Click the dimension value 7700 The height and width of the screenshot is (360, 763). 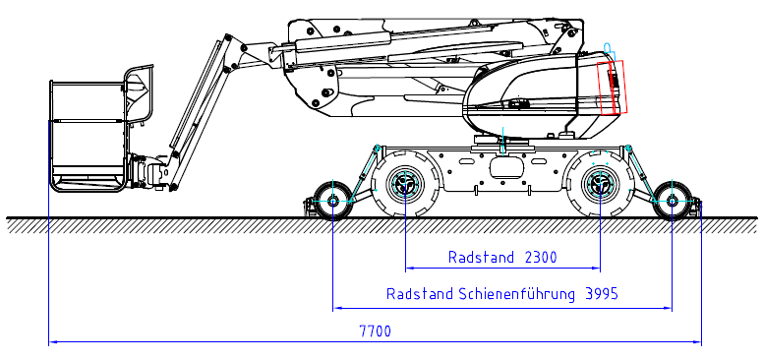[376, 331]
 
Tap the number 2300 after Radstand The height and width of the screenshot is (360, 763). [541, 257]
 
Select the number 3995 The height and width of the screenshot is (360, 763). [602, 294]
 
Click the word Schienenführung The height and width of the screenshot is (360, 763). [515, 294]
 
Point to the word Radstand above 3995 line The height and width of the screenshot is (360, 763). [420, 294]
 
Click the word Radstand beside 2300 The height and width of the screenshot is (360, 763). [481, 257]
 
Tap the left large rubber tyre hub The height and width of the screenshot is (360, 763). [405, 183]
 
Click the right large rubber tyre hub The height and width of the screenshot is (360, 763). [601, 183]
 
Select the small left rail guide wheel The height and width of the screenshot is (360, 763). [333, 200]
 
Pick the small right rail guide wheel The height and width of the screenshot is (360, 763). [672, 200]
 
